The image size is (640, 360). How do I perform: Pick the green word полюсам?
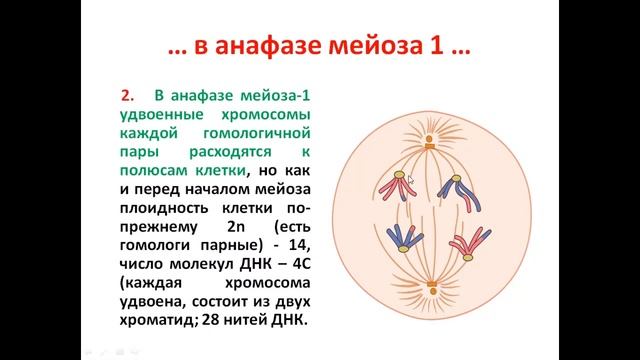(x=156, y=171)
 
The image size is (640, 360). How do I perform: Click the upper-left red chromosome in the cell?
(x=392, y=188)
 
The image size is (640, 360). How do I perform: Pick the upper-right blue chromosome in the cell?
(x=459, y=187)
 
